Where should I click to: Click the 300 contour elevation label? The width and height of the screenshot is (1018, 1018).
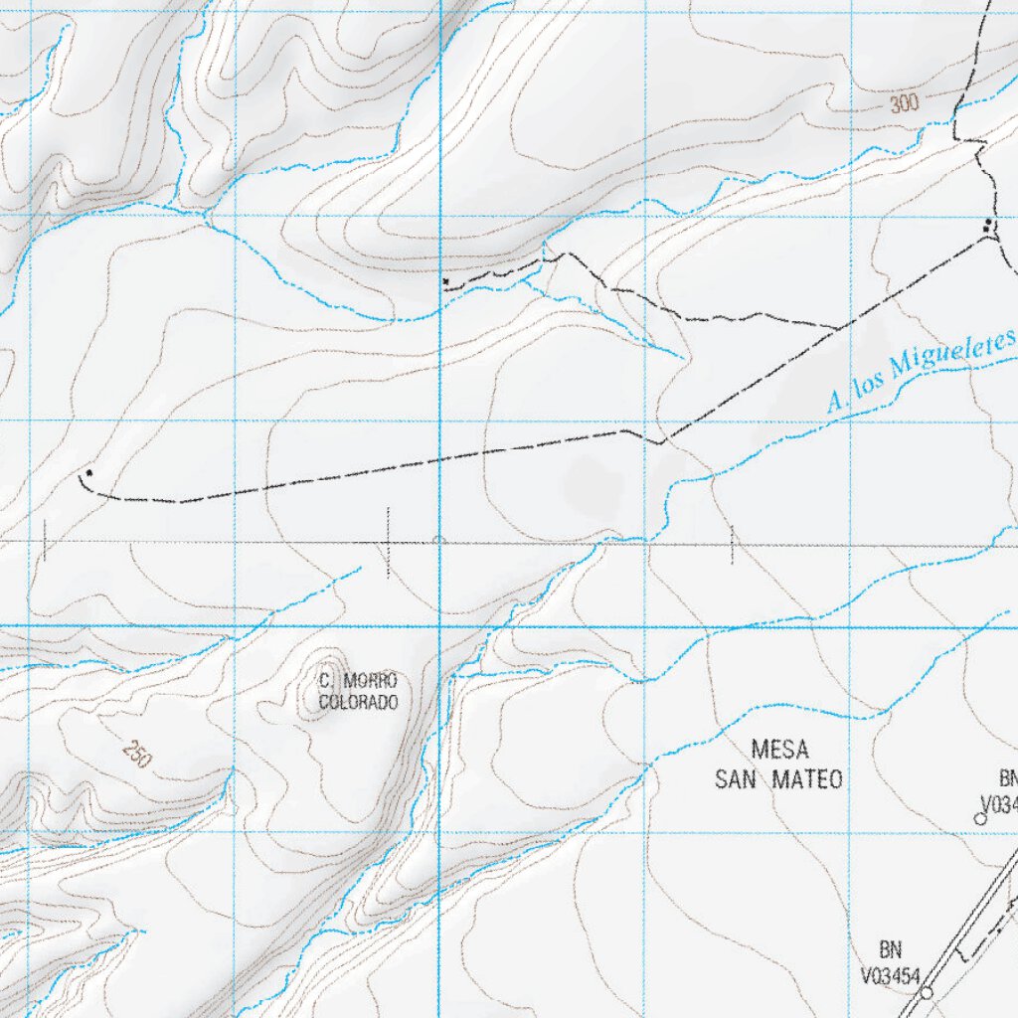pyautogui.click(x=904, y=103)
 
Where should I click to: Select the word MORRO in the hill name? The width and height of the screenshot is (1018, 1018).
pyautogui.click(x=370, y=681)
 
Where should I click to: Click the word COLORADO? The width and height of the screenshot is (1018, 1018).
pyautogui.click(x=358, y=703)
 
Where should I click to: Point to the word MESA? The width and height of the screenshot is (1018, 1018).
pyautogui.click(x=779, y=749)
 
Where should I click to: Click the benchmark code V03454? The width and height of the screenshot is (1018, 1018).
pyautogui.click(x=892, y=976)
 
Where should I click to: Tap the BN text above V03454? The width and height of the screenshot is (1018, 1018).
pyautogui.click(x=891, y=950)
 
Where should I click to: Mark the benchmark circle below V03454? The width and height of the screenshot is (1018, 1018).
pyautogui.click(x=927, y=992)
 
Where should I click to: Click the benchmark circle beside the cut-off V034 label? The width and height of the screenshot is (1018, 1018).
pyautogui.click(x=979, y=818)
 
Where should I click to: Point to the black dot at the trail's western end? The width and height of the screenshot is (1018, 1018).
pyautogui.click(x=89, y=472)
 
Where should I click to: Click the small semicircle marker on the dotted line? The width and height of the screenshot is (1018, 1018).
pyautogui.click(x=438, y=540)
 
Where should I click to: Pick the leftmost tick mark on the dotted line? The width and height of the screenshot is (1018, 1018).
pyautogui.click(x=44, y=542)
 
